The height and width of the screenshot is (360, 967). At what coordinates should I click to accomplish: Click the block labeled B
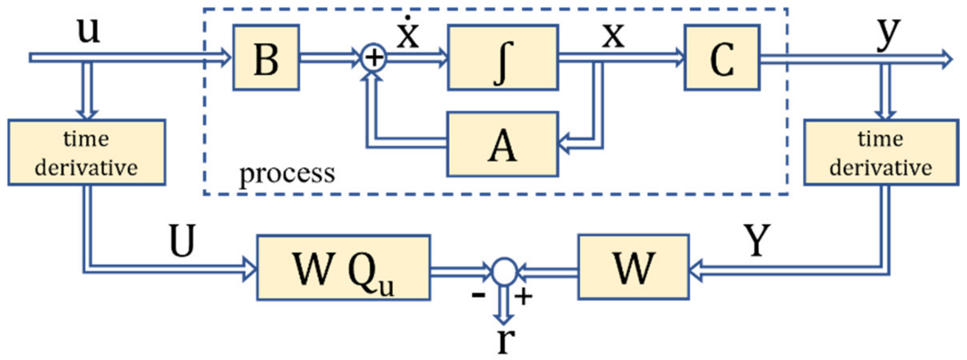266,58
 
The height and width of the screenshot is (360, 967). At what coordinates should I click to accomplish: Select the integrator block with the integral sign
503,58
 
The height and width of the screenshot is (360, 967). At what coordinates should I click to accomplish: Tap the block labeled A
502,144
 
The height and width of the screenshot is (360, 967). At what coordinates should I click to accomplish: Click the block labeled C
722,58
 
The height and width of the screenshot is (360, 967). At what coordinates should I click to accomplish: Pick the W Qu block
343,268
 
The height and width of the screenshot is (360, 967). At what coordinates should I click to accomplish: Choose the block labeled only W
633,267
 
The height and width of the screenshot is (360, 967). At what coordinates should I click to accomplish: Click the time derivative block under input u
86,152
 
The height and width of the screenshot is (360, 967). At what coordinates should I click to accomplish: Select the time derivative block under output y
881,152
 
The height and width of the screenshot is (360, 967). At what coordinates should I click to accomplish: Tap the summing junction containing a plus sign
374,58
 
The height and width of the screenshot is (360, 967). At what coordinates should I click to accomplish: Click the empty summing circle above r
504,272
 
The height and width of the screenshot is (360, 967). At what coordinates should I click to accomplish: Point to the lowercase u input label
88,31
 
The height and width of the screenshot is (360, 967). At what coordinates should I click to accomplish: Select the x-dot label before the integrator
408,34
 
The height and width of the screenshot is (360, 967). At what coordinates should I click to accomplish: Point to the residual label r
505,341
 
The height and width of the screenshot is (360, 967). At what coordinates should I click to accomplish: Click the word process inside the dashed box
287,174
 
